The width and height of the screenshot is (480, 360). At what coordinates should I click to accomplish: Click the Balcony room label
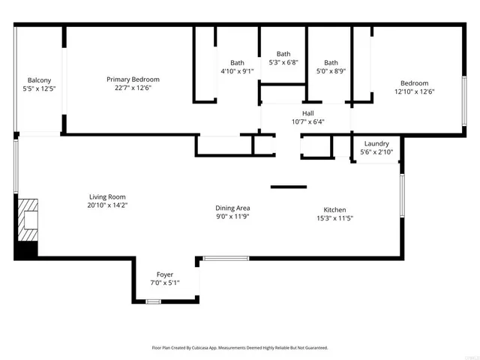pyautogui.click(x=39, y=80)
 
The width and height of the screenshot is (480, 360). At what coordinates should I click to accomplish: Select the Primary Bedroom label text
pyautogui.click(x=133, y=79)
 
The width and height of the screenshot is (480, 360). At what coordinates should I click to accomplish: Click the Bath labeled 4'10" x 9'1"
pyautogui.click(x=237, y=63)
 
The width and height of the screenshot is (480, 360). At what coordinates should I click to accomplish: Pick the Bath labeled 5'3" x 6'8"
pyautogui.click(x=283, y=54)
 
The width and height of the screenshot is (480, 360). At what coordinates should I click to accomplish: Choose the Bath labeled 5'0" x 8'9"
pyautogui.click(x=331, y=63)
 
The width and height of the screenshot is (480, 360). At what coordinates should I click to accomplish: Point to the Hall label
pyautogui.click(x=307, y=112)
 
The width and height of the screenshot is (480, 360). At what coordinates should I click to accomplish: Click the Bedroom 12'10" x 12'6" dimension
pyautogui.click(x=414, y=92)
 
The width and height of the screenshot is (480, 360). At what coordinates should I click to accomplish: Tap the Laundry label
pyautogui.click(x=376, y=143)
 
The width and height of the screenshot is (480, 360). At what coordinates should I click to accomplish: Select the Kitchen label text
pyautogui.click(x=334, y=209)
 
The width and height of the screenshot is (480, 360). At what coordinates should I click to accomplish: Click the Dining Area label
pyautogui.click(x=232, y=208)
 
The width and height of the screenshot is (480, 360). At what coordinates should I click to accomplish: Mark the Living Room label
pyautogui.click(x=106, y=196)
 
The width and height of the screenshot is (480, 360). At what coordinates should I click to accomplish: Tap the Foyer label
pyautogui.click(x=165, y=274)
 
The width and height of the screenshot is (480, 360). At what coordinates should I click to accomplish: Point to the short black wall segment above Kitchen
pyautogui.click(x=289, y=187)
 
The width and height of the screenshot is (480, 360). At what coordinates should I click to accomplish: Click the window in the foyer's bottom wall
pyautogui.click(x=153, y=301)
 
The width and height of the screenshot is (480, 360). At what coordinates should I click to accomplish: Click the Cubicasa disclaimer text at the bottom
pyautogui.click(x=240, y=348)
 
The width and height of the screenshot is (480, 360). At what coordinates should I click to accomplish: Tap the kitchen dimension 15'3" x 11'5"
pyautogui.click(x=334, y=218)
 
